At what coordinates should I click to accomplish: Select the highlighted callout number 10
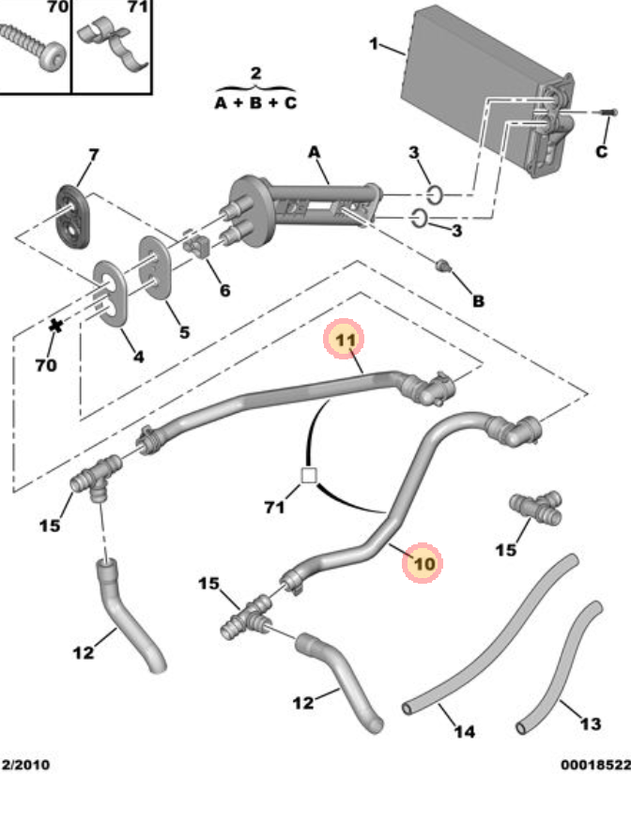click(423, 564)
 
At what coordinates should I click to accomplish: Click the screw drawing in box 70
click(33, 43)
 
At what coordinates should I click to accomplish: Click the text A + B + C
click(255, 102)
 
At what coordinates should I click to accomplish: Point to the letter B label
click(477, 301)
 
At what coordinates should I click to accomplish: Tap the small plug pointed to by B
click(443, 267)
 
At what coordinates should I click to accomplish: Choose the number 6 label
click(224, 290)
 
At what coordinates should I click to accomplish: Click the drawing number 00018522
click(595, 765)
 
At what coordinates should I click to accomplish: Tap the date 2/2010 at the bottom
click(26, 765)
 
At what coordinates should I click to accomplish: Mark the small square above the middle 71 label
click(308, 476)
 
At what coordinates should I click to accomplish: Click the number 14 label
click(464, 730)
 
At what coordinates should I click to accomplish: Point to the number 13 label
click(590, 724)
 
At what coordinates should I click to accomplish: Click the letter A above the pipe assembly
click(314, 152)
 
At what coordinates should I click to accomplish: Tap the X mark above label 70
click(55, 326)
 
